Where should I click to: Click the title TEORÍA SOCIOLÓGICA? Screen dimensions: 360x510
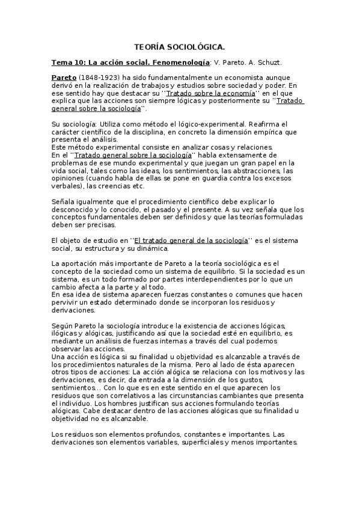pyautogui.click(x=180, y=46)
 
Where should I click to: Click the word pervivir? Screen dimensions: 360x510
pyautogui.click(x=66, y=303)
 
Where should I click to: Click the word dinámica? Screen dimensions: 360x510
pyautogui.click(x=153, y=248)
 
